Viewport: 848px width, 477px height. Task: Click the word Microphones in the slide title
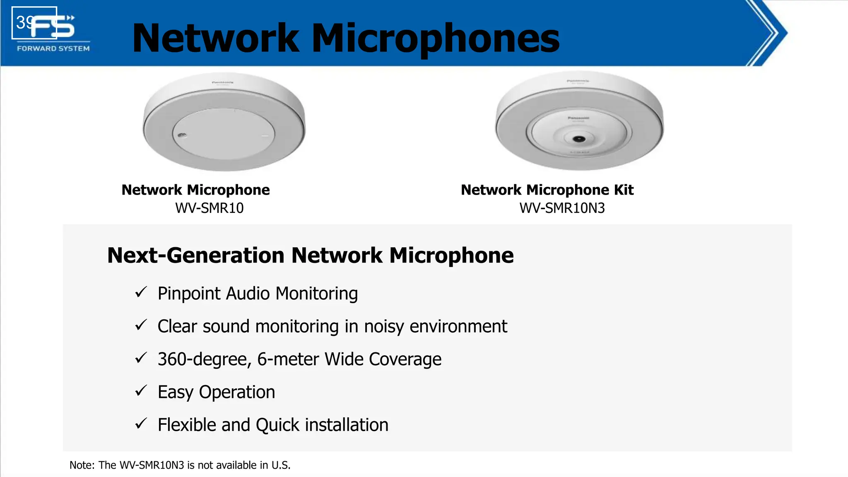[x=435, y=38]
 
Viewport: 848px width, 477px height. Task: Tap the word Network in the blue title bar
[x=215, y=38]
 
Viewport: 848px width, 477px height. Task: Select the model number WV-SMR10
[x=210, y=208]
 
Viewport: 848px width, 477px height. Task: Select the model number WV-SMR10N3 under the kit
[x=562, y=208]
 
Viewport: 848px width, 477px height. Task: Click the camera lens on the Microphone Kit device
[x=579, y=139]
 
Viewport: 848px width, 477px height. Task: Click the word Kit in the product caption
[x=624, y=190]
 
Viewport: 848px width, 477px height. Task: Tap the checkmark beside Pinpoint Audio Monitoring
[x=141, y=292]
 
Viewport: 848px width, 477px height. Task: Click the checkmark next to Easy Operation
[x=141, y=391]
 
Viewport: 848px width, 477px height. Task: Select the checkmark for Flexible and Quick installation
[x=141, y=424]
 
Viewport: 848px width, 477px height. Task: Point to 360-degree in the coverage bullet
[x=205, y=359]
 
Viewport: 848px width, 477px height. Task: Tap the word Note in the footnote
[x=82, y=465]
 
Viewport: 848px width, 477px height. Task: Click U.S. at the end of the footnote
[x=281, y=465]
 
